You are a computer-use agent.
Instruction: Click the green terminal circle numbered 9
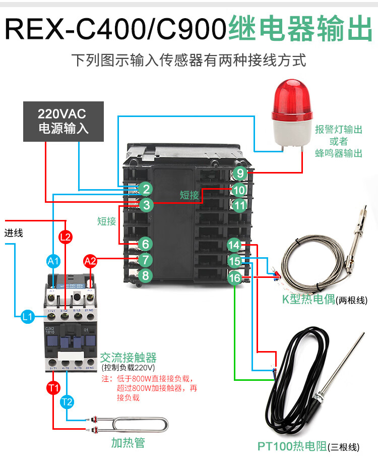tap(240, 174)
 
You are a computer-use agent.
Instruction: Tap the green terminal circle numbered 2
tap(146, 189)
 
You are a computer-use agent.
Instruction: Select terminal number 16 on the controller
tap(235, 278)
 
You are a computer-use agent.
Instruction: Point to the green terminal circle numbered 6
tap(146, 244)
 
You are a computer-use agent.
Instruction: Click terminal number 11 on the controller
tap(240, 205)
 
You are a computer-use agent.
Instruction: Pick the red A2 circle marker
tap(90, 261)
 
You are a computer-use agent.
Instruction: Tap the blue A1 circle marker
tap(53, 261)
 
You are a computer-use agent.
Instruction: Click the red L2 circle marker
tap(66, 236)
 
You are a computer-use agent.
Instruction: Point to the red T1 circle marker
tap(53, 388)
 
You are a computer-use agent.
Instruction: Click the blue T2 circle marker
tap(67, 402)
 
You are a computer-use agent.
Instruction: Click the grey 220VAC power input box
tap(64, 121)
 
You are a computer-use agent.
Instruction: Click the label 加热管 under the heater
tap(128, 443)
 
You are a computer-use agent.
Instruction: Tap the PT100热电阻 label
tap(292, 446)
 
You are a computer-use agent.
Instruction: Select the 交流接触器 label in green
tap(128, 358)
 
